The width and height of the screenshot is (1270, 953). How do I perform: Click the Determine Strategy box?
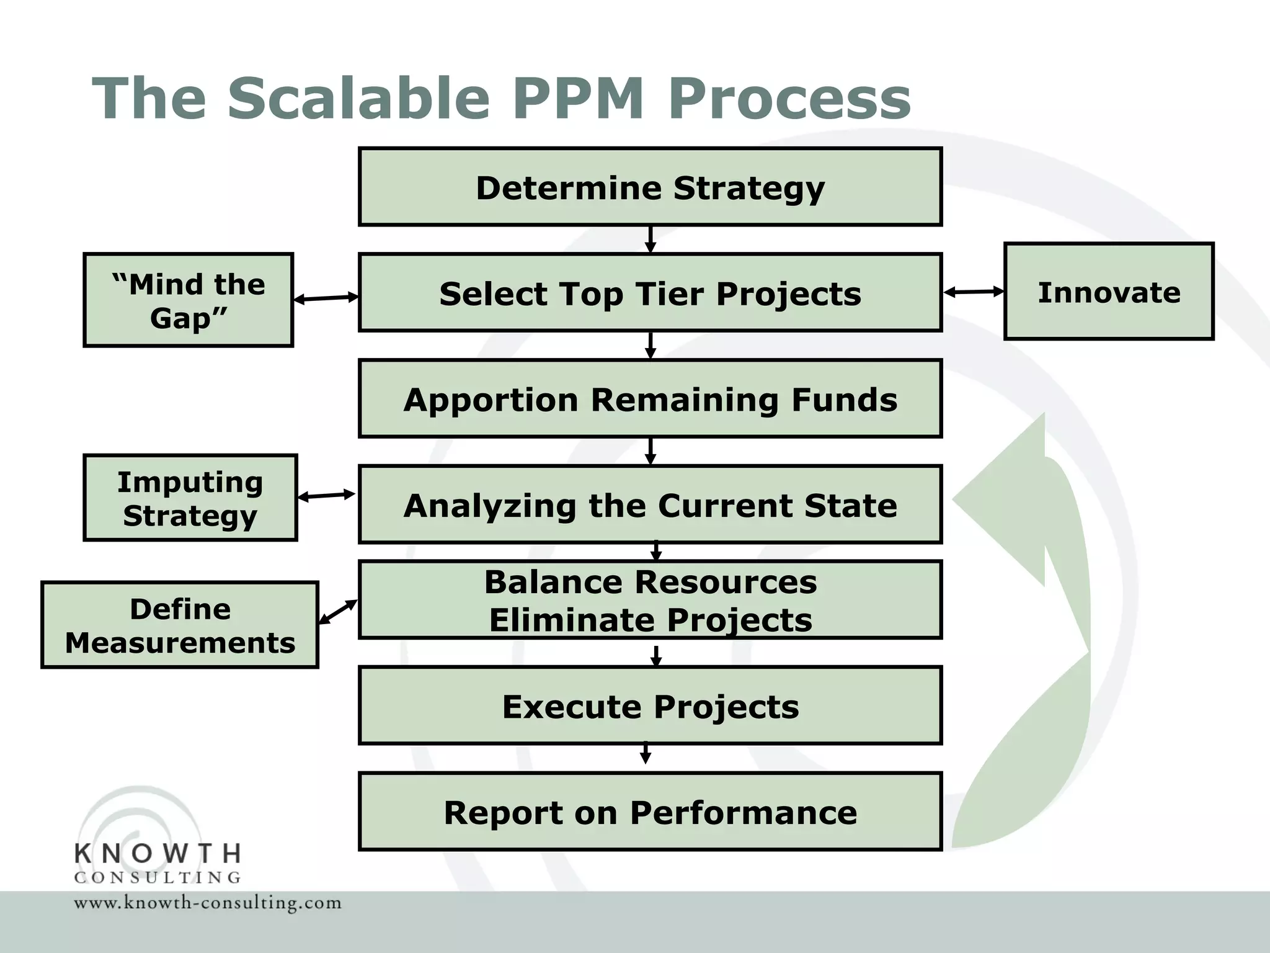coord(650,187)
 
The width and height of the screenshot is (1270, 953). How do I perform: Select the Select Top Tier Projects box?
coord(650,292)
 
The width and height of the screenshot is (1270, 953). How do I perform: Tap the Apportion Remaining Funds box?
coord(650,398)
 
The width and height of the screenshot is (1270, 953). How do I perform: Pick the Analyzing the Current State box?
coord(650,504)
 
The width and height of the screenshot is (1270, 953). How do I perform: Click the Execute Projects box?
coord(650,705)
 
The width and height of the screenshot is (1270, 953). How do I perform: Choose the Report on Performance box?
coord(650,812)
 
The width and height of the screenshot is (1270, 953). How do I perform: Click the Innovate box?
coord(1109,292)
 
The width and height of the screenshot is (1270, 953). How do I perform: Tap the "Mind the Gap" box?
coord(188,300)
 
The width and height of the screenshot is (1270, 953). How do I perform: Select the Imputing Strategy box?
coord(190,498)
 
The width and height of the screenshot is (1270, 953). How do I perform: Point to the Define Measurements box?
coord(180,625)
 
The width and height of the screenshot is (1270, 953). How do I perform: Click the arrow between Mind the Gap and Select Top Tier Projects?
coord(326,298)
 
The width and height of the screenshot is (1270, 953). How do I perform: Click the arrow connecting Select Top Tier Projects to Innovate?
coord(974,292)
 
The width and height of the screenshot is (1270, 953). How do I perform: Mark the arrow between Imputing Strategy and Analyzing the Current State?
coord(327,495)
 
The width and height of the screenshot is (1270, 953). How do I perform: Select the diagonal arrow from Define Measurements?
coord(338,612)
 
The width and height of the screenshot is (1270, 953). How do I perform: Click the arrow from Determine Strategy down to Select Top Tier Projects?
coord(650,239)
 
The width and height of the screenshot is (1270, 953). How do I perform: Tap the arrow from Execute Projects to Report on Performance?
coord(646,752)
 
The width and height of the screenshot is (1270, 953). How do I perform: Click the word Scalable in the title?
coord(358,98)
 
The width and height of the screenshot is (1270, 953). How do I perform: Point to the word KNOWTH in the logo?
coord(158,854)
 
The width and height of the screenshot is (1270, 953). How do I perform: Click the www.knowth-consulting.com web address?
coord(208,902)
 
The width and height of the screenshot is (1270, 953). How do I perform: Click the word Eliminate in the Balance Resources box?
coord(569,620)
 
